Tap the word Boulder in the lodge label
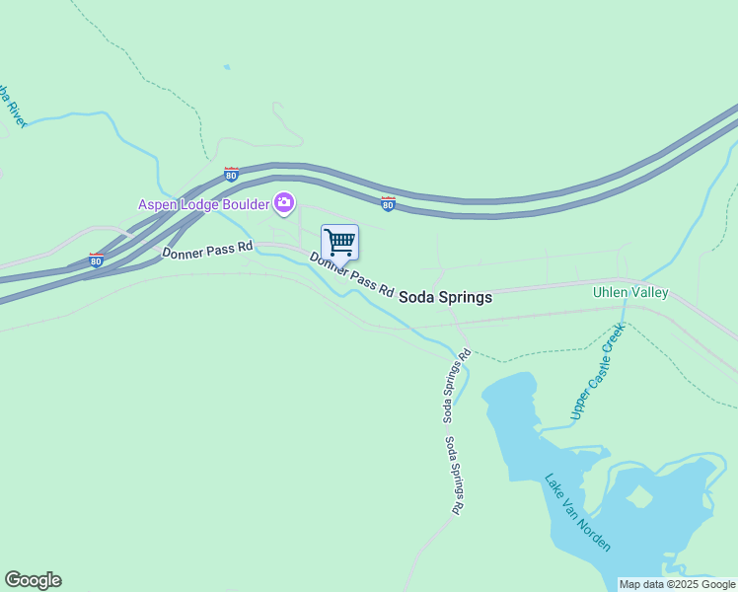244,204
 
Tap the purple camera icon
284,203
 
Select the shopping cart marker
339,242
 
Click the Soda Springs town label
445,296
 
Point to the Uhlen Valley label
630,292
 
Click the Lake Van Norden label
578,513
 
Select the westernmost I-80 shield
96,260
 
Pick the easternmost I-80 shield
389,203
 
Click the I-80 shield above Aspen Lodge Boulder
231,175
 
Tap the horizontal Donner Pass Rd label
207,254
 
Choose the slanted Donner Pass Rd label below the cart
352,275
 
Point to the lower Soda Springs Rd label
454,476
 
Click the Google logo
33,580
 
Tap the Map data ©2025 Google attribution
677,584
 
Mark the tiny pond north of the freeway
227,67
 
